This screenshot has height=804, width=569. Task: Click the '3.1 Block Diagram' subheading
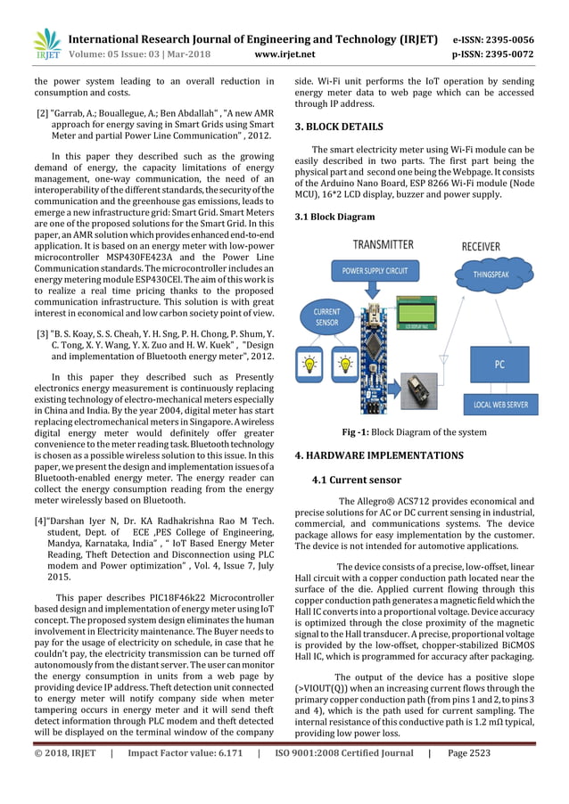[334, 217]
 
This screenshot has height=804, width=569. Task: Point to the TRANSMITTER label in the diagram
[383, 244]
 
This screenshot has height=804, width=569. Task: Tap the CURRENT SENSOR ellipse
[327, 317]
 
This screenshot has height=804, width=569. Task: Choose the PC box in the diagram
[499, 364]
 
